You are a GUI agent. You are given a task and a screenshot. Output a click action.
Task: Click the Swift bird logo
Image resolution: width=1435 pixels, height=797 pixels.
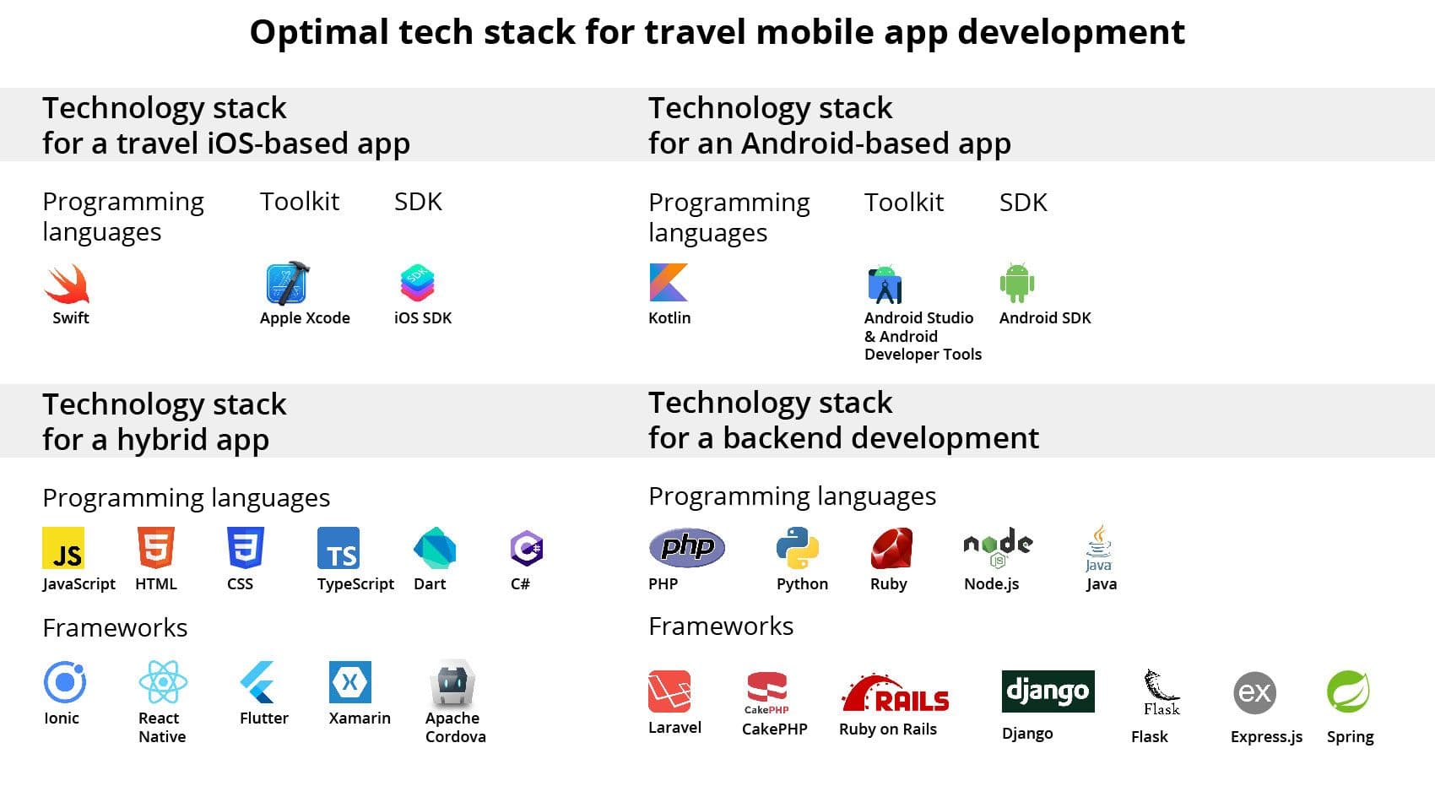pyautogui.click(x=67, y=284)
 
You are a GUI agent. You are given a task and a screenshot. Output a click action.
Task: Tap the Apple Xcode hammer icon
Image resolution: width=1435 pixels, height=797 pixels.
pyautogui.click(x=288, y=283)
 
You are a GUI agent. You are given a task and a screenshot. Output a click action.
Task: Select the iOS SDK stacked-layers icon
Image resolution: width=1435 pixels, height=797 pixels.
pyautogui.click(x=417, y=283)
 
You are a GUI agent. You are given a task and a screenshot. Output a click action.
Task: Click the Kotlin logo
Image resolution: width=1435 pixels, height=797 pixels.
pyautogui.click(x=669, y=282)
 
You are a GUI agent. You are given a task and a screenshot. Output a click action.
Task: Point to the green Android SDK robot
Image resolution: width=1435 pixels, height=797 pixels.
pyautogui.click(x=1016, y=283)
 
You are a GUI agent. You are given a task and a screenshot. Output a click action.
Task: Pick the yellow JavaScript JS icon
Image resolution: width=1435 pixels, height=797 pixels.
pyautogui.click(x=62, y=548)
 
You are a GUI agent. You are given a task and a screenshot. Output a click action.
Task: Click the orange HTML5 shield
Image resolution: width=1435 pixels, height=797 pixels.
pyautogui.click(x=155, y=548)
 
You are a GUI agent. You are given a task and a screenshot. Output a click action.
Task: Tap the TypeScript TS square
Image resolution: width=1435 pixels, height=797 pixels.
pyautogui.click(x=338, y=548)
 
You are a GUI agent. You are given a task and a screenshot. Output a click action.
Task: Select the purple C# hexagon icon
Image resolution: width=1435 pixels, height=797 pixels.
pyautogui.click(x=527, y=549)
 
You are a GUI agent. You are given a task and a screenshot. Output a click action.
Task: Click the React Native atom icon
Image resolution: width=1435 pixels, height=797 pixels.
pyautogui.click(x=163, y=682)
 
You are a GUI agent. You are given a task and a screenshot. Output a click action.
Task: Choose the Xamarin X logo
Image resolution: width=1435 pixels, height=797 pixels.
pyautogui.click(x=349, y=681)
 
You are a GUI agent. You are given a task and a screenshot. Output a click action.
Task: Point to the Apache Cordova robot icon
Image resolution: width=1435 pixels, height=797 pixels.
pyautogui.click(x=452, y=684)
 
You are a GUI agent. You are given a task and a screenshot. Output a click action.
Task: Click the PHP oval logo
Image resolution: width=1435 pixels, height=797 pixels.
pyautogui.click(x=687, y=548)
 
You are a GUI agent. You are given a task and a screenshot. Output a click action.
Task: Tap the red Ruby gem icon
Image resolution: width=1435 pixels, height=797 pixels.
pyautogui.click(x=891, y=548)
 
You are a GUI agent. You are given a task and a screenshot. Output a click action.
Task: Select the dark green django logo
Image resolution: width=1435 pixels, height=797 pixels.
pyautogui.click(x=1048, y=691)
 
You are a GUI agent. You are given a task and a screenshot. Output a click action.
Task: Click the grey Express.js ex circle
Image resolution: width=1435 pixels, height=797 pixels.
pyautogui.click(x=1254, y=692)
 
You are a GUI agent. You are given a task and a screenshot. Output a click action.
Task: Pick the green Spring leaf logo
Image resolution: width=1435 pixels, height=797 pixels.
pyautogui.click(x=1348, y=691)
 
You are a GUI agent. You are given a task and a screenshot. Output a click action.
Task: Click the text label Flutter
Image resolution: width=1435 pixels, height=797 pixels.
pyautogui.click(x=264, y=718)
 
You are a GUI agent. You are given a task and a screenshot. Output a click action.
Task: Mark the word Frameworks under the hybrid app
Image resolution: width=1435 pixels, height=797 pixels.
pyautogui.click(x=115, y=628)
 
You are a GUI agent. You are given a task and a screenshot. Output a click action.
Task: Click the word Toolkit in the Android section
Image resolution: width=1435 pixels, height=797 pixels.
pyautogui.click(x=904, y=203)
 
